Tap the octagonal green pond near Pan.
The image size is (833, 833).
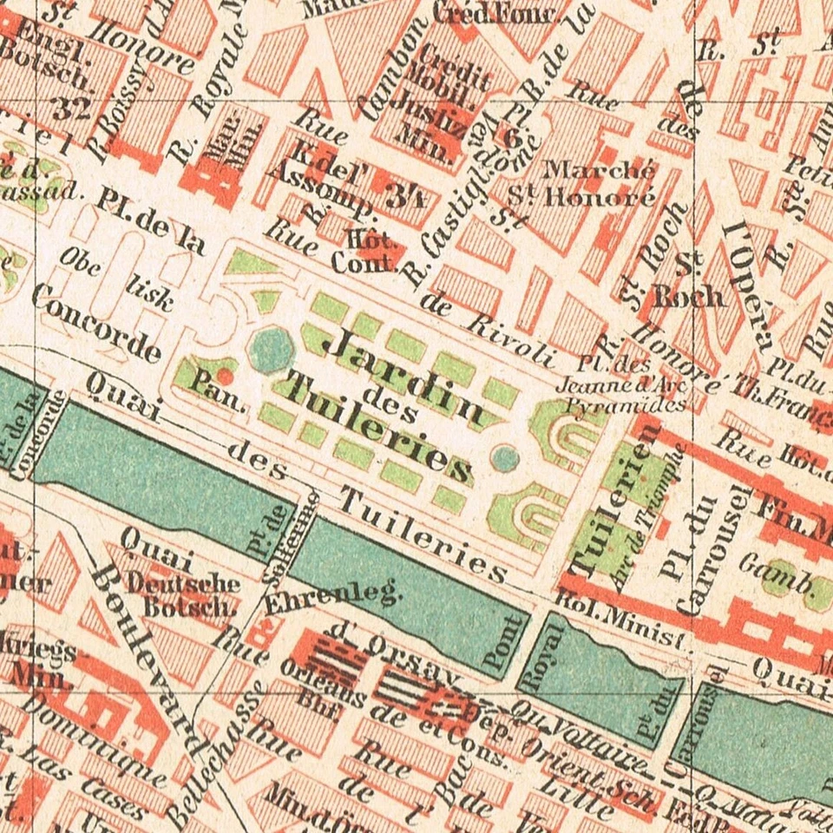(271, 350)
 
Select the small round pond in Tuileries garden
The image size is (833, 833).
(505, 457)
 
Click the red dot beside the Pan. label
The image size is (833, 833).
(224, 376)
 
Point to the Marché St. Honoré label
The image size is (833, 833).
(598, 183)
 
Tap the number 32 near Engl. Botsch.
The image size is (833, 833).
(70, 108)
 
